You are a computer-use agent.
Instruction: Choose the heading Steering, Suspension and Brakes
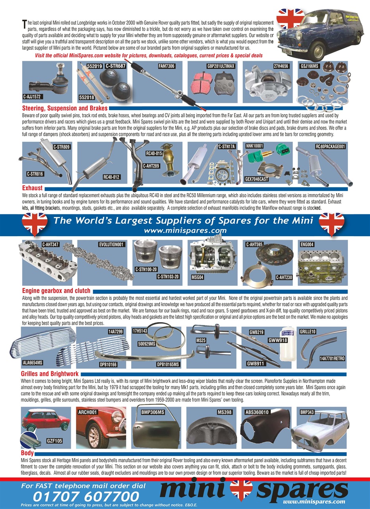[64, 108]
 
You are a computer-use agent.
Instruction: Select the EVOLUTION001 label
[111, 244]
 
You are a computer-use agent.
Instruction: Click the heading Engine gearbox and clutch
[56, 291]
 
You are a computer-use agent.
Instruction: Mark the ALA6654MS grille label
[33, 363]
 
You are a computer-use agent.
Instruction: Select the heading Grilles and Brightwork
[50, 374]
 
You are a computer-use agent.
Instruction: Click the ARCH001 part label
[87, 412]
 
